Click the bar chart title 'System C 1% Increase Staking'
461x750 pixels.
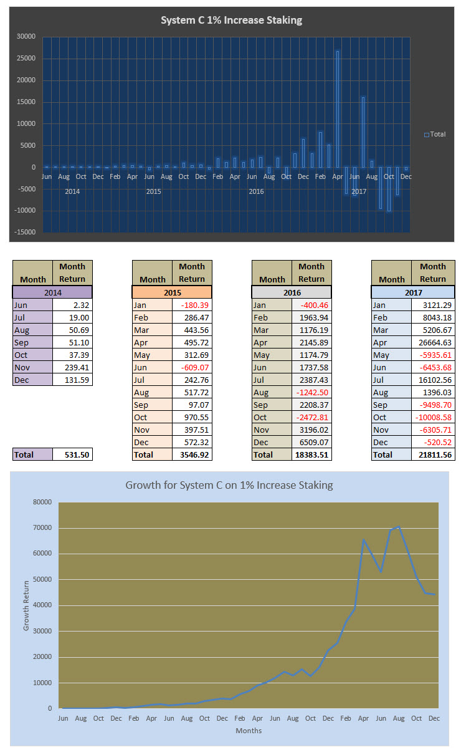tap(231, 21)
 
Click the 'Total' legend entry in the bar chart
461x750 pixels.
tap(435, 134)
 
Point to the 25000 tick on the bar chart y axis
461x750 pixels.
tap(27, 59)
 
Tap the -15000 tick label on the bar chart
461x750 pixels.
tap(26, 233)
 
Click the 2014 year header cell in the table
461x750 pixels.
tap(53, 292)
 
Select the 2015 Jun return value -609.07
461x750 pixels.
tap(192, 367)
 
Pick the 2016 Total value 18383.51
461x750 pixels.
tap(311, 454)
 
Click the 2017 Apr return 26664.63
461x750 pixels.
tap(431, 342)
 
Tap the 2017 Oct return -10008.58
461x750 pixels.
tap(431, 417)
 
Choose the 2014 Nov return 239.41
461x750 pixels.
tap(72, 367)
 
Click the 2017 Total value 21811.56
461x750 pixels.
tap(431, 454)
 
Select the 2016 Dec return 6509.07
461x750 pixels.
tap(311, 442)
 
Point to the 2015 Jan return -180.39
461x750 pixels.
tap(192, 305)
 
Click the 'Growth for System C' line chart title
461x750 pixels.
tap(229, 484)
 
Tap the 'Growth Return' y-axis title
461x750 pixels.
tap(27, 605)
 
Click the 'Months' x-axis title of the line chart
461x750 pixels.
tap(249, 731)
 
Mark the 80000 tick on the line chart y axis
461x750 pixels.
tap(42, 502)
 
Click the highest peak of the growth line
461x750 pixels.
tap(399, 527)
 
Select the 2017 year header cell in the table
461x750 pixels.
tap(413, 292)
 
